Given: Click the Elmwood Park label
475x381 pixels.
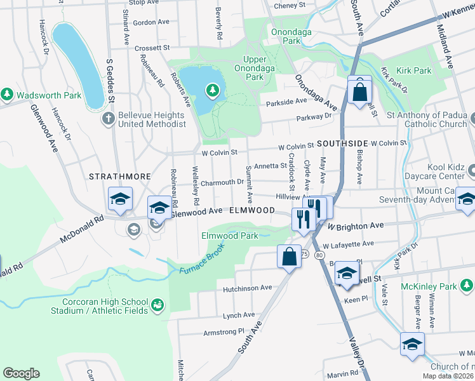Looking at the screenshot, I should [x=230, y=236].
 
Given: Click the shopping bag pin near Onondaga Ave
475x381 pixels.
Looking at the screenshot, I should [x=359, y=90].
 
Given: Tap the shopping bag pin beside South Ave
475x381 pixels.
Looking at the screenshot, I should [x=289, y=257].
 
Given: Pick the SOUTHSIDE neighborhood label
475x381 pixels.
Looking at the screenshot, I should [x=343, y=144].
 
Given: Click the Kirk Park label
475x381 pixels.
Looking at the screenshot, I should [x=413, y=70].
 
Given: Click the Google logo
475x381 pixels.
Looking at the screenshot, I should [x=21, y=373].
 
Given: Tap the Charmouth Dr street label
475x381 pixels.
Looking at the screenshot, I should [x=223, y=182].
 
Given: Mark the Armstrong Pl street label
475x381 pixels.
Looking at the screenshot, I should [x=224, y=331].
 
